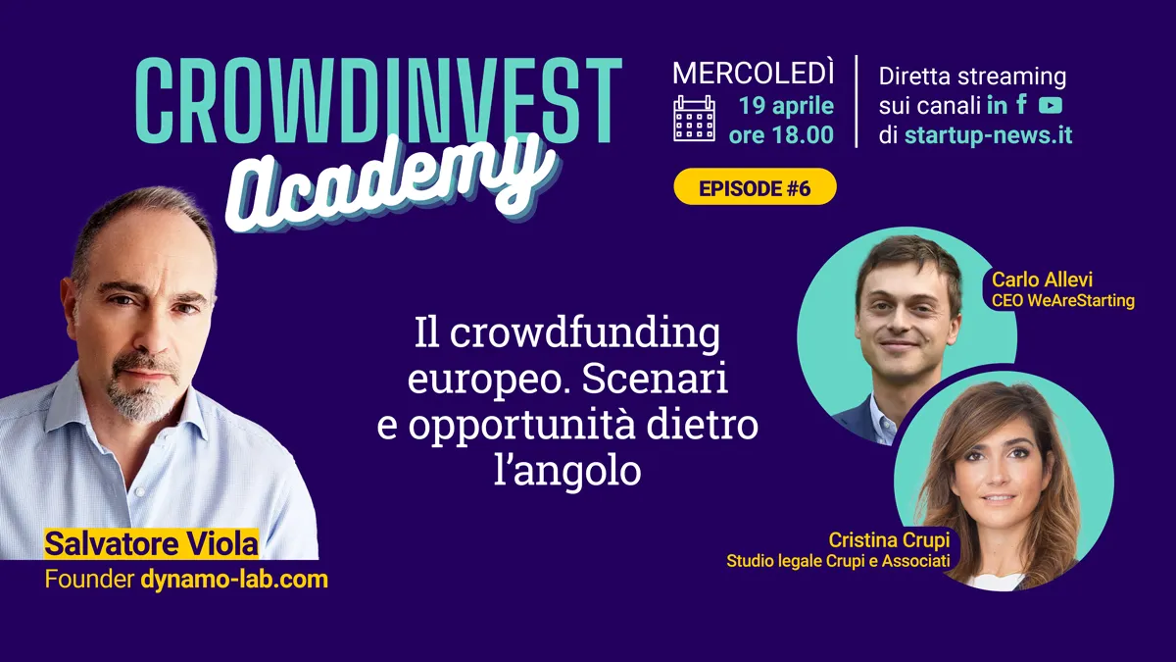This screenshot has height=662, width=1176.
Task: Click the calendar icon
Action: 694,119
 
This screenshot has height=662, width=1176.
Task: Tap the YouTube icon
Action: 1051,106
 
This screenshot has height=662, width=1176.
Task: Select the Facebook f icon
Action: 1021,104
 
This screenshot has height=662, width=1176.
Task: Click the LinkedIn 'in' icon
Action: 997,105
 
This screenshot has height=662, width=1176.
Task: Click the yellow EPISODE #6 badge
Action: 755,187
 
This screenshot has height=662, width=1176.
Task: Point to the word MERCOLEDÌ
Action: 753,73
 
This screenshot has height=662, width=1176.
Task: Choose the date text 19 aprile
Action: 786,106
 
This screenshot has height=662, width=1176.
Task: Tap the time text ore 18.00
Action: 781,134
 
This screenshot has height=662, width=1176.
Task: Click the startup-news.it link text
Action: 988,135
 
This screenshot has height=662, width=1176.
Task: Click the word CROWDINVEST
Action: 379,100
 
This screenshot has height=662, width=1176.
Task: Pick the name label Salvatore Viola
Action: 151,543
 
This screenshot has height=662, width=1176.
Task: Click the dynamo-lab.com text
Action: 234,579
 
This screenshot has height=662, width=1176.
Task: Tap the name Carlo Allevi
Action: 1042,280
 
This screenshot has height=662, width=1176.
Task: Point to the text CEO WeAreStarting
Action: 1063,300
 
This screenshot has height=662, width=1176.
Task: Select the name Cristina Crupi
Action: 890,539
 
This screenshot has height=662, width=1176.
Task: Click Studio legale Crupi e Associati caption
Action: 839,561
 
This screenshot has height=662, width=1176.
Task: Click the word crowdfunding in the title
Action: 585,334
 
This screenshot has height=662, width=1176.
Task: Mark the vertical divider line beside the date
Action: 857,101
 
